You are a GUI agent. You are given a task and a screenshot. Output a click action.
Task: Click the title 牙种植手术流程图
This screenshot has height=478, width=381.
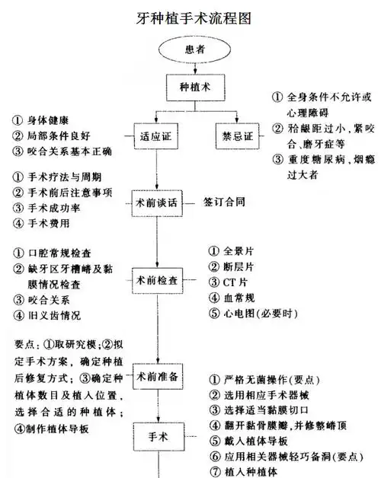tap(190, 16)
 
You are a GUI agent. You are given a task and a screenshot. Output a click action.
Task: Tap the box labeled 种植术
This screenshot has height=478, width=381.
tap(190, 89)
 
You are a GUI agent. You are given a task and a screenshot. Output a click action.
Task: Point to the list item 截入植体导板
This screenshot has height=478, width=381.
tap(258, 439)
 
